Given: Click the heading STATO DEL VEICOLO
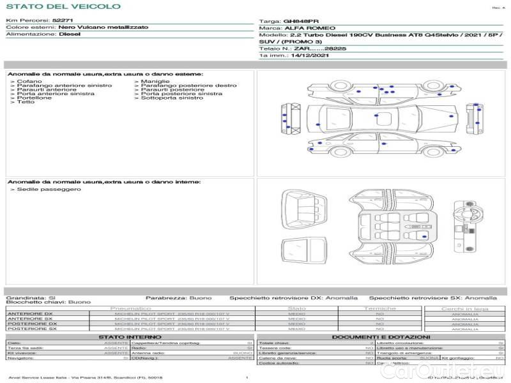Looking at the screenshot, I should [63, 7].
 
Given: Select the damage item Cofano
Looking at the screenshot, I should [30, 82].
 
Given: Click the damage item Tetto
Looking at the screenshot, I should [27, 102].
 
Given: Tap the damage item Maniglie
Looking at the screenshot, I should [156, 82].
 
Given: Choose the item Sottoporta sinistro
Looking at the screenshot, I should [172, 98].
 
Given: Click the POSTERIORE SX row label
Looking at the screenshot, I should [31, 329].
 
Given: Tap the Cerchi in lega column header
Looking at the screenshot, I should [464, 308].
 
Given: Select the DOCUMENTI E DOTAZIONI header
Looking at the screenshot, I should [381, 337].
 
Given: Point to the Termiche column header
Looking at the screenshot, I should [380, 308].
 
